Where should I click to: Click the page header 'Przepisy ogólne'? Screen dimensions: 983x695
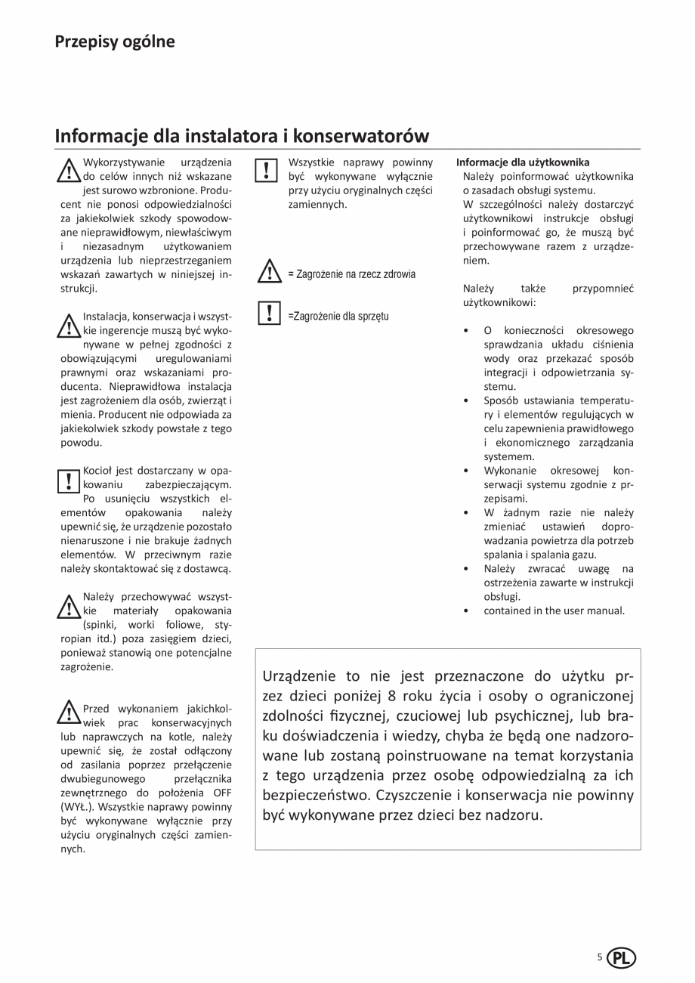click(114, 42)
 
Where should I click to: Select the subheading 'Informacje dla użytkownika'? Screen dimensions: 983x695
click(522, 162)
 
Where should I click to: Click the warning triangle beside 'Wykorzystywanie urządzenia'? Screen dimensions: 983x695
click(68, 172)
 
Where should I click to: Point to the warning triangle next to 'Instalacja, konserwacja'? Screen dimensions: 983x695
click(68, 326)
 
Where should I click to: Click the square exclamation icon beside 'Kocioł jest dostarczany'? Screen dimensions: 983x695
click(68, 480)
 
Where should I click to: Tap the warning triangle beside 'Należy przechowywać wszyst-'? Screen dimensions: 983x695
click(68, 606)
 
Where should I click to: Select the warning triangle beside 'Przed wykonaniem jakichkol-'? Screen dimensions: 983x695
click(68, 713)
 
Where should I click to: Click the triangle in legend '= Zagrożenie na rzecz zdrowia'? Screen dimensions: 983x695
click(269, 273)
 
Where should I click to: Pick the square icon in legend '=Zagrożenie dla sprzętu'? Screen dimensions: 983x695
click(269, 314)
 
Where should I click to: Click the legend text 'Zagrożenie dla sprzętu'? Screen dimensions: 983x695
click(341, 316)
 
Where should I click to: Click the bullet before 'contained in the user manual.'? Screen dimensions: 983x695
click(467, 611)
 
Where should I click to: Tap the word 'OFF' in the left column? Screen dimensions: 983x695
click(215, 793)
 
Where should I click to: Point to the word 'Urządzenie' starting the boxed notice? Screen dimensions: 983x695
click(297, 676)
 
